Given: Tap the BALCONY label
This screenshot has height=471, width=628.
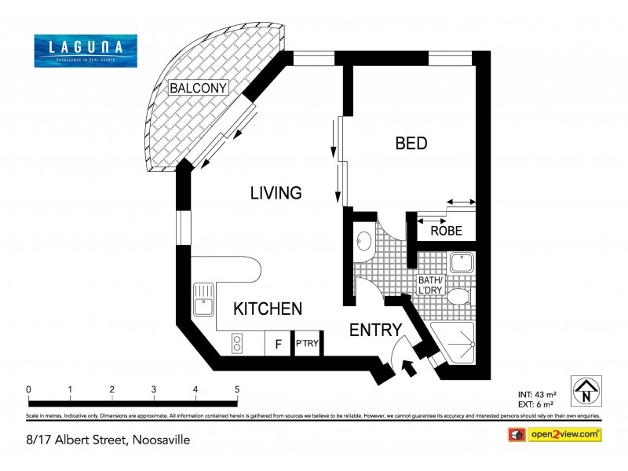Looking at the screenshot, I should point(199,88).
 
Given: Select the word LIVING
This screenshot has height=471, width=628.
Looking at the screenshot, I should point(276,193).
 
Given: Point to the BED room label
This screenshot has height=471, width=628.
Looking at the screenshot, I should point(411,144).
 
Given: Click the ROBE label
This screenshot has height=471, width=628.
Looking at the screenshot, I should point(447,232).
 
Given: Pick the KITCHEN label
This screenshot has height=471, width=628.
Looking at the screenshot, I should point(268,309).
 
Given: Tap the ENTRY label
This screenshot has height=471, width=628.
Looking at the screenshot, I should point(375,330).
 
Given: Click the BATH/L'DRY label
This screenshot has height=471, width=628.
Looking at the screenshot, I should point(430,284).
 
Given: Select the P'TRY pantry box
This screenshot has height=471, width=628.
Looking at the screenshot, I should point(306,344).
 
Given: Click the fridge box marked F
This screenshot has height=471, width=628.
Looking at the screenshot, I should point(277,344).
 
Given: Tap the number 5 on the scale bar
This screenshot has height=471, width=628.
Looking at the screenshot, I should point(236,389).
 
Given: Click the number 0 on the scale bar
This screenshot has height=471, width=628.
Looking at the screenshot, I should point(28,389).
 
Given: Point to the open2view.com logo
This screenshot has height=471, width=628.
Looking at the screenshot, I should point(564,433).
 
